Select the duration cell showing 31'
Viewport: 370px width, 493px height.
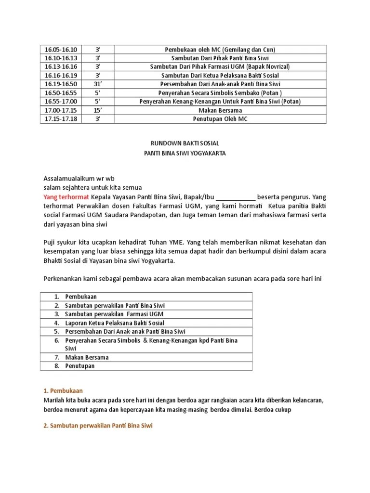(96, 84)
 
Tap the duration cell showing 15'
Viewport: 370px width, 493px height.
(96, 110)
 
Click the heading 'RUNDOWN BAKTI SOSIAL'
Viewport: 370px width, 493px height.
(185, 143)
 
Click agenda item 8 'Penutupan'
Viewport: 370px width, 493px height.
(80, 366)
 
